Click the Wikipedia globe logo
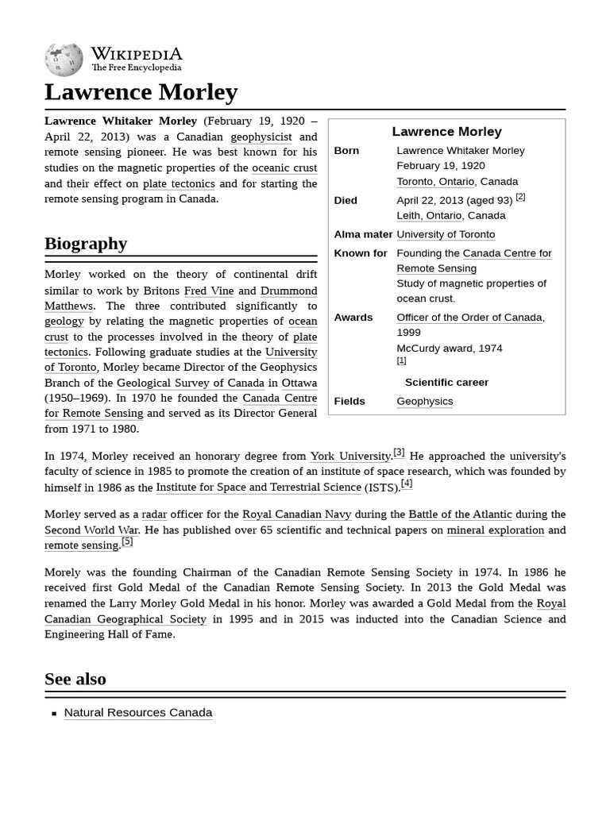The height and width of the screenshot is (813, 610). (64, 60)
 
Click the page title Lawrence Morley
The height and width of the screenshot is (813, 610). (141, 92)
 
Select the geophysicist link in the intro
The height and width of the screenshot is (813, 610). (261, 137)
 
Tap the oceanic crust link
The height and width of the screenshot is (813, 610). (284, 168)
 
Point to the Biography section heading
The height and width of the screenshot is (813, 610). (86, 243)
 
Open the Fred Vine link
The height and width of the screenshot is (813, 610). (209, 291)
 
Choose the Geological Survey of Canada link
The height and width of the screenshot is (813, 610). (191, 383)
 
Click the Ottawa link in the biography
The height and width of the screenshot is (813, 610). (299, 383)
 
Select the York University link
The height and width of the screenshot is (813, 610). (350, 457)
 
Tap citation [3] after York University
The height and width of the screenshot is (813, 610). (399, 453)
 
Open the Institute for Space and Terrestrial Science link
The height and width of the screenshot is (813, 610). (258, 487)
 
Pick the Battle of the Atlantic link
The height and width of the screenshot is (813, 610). (460, 514)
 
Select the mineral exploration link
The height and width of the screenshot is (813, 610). (495, 530)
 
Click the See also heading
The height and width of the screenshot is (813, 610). (75, 679)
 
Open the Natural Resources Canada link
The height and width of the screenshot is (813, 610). (138, 713)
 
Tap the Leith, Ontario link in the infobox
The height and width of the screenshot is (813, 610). (429, 216)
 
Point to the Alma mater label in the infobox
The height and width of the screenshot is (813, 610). (363, 234)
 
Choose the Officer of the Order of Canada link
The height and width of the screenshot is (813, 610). (469, 318)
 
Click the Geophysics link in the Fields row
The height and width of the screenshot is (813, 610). (425, 402)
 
